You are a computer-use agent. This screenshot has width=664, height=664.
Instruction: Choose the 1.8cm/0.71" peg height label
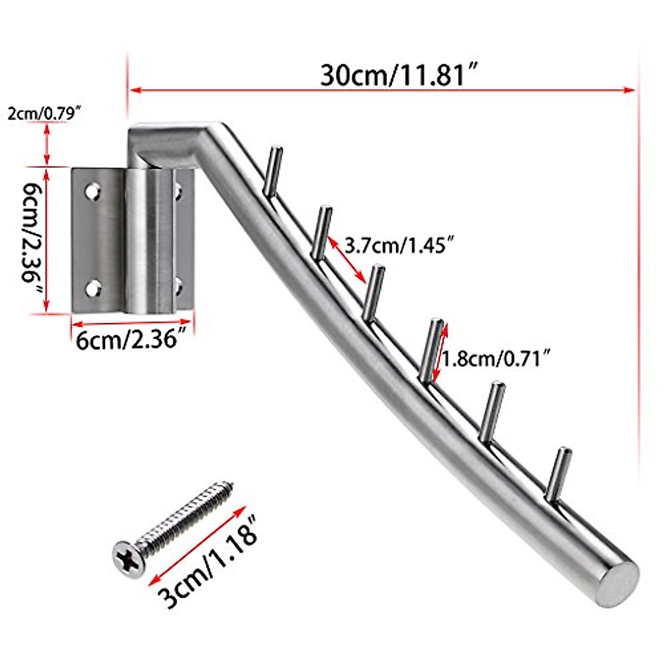tap(497, 359)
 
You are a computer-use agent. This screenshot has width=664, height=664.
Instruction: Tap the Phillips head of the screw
tap(128, 554)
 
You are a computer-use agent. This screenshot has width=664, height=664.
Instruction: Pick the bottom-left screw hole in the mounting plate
tap(93, 288)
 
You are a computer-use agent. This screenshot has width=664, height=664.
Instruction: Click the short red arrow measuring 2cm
tap(47, 144)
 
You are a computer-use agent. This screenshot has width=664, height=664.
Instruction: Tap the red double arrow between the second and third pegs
tap(348, 260)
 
